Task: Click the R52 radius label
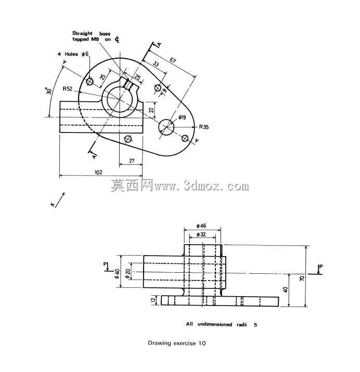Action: click(x=67, y=89)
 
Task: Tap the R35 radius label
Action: click(x=204, y=127)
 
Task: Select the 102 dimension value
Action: click(x=98, y=172)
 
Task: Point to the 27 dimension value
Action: click(x=132, y=161)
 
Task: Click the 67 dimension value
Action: click(x=173, y=60)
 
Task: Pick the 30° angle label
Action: click(x=49, y=91)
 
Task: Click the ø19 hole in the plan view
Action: click(x=166, y=127)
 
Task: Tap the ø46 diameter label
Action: click(x=201, y=226)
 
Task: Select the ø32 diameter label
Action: click(x=201, y=235)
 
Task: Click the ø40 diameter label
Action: click(x=118, y=273)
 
